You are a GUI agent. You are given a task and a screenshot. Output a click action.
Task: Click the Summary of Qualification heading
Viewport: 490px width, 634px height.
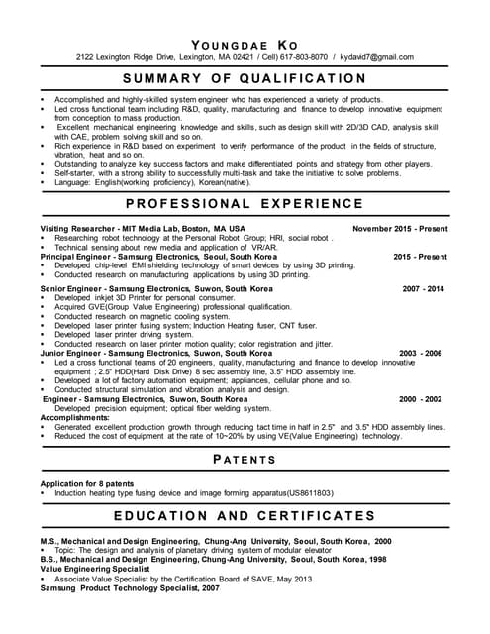click(x=245, y=78)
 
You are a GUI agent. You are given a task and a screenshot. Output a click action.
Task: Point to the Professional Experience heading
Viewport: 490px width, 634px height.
click(x=245, y=203)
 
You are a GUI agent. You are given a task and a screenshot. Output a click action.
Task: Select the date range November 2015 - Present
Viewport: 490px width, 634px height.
click(x=400, y=228)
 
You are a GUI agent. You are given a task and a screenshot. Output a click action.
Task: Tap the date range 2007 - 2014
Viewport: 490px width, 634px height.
click(x=424, y=288)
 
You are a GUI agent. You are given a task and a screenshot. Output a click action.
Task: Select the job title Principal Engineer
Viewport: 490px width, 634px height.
click(x=75, y=257)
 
